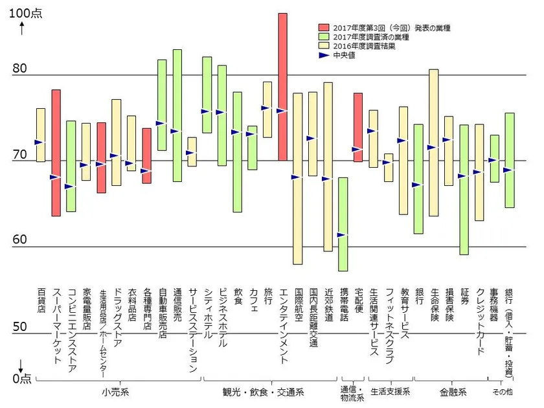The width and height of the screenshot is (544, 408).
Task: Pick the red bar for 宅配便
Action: (x=358, y=127)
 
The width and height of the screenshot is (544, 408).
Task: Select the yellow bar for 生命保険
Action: (x=434, y=142)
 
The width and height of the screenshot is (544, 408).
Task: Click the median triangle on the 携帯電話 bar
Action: (x=343, y=234)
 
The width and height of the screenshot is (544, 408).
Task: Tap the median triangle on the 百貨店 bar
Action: (x=40, y=142)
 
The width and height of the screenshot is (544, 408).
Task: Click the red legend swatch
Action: (x=324, y=28)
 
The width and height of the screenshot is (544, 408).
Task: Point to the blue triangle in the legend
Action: (x=324, y=56)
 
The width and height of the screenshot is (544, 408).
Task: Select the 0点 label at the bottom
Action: (x=21, y=380)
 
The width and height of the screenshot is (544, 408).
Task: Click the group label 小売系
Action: (x=115, y=392)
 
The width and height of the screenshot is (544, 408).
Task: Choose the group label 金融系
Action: (x=451, y=392)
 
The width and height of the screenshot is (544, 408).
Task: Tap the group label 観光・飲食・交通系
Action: (x=271, y=392)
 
